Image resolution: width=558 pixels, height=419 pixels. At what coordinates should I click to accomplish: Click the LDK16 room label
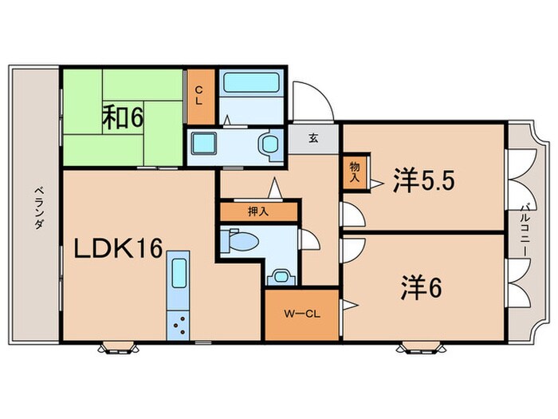(119, 250)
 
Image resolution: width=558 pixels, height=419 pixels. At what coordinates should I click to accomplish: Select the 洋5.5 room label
(422, 183)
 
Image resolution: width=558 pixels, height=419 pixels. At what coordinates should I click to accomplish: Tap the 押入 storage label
(258, 212)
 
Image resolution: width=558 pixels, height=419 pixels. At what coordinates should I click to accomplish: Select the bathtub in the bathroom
(251, 84)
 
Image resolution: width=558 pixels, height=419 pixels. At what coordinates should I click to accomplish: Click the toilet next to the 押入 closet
(238, 239)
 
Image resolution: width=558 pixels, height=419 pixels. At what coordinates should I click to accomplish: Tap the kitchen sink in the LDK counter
(178, 276)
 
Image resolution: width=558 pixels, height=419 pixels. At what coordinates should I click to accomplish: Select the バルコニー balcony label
(526, 227)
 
